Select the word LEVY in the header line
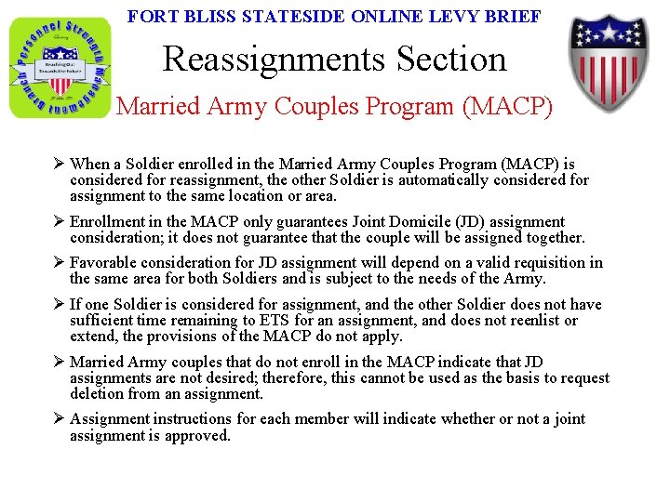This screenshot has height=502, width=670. (x=447, y=17)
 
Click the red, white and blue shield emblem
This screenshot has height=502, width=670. (x=610, y=61)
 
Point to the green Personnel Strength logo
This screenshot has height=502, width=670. (x=60, y=67)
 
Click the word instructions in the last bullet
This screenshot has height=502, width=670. (x=198, y=419)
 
